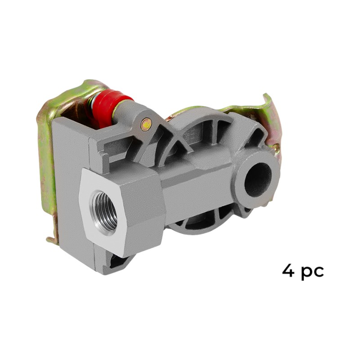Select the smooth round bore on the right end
(258, 178)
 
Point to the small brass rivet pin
(145, 125)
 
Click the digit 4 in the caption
(288, 271)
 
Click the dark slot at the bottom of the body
(119, 262)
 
